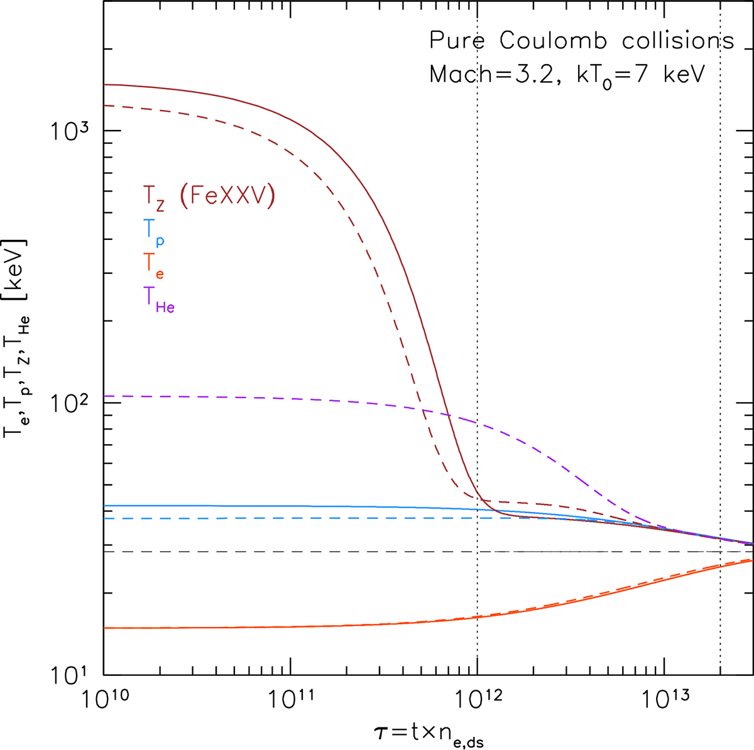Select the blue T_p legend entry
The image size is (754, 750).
(x=154, y=233)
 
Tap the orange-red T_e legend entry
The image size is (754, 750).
(x=154, y=266)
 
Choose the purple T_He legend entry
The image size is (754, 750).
(x=159, y=300)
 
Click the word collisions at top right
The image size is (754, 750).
(x=678, y=40)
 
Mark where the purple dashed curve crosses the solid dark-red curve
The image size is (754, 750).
(x=449, y=415)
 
